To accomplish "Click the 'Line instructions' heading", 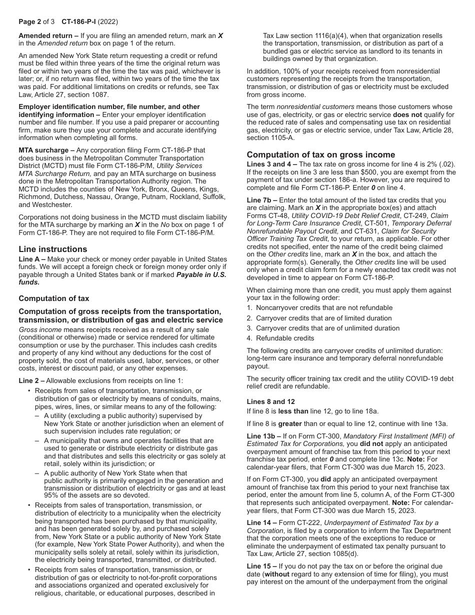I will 52,249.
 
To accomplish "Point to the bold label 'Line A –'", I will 32,259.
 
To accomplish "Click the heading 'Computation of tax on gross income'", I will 320,154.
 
